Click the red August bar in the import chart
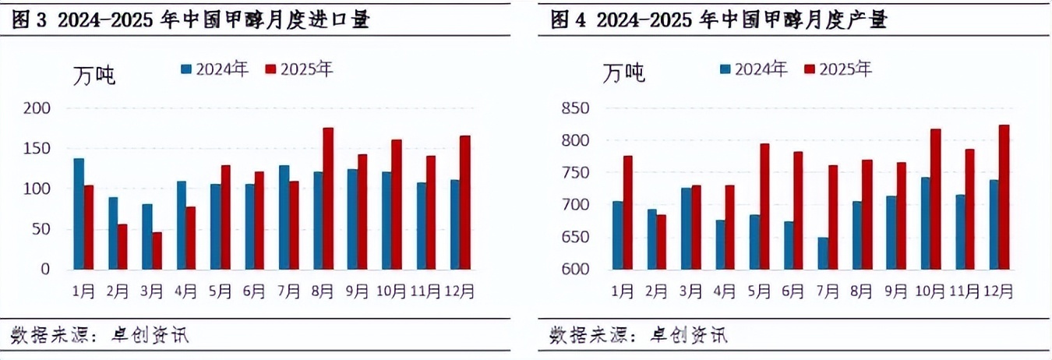click(x=328, y=199)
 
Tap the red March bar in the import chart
click(x=157, y=250)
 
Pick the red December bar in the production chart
click(x=1004, y=197)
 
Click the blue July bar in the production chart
click(x=823, y=253)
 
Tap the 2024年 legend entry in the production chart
click(x=753, y=69)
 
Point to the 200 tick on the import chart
click(x=36, y=108)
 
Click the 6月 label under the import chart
click(x=255, y=291)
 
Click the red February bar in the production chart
click(x=661, y=242)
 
